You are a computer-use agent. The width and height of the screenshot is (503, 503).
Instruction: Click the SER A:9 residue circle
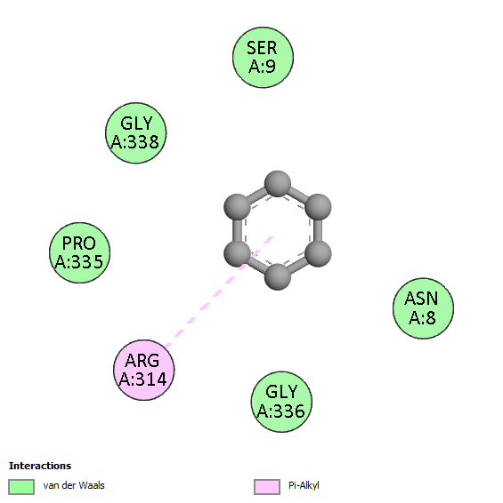click(x=263, y=58)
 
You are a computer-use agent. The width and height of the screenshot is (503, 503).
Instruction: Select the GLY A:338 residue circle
click(x=136, y=133)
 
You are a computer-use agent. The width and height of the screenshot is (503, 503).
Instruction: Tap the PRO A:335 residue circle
click(x=80, y=252)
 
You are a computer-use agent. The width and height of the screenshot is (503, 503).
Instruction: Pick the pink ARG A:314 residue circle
click(x=144, y=370)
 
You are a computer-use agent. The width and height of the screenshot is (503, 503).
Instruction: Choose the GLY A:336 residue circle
click(x=281, y=402)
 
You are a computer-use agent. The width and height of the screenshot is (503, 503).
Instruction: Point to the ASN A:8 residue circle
click(x=423, y=308)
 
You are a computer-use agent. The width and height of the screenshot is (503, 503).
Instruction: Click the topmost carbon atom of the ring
click(x=278, y=184)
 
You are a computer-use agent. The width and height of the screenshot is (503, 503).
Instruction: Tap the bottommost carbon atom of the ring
click(x=278, y=277)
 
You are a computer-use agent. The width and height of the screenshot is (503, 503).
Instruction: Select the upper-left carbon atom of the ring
click(x=237, y=207)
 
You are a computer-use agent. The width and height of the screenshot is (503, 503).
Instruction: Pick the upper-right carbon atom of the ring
click(x=318, y=207)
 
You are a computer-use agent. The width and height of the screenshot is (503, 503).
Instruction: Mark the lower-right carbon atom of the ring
click(x=318, y=253)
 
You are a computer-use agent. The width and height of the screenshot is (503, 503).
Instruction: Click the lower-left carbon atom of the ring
click(x=237, y=253)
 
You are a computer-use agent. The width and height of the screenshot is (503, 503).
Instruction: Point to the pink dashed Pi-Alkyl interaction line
click(x=219, y=291)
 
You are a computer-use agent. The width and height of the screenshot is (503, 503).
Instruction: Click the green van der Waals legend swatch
click(x=21, y=487)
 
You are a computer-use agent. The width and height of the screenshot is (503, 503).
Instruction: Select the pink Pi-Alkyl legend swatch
click(x=267, y=487)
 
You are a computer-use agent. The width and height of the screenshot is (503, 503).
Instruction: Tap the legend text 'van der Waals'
click(x=74, y=485)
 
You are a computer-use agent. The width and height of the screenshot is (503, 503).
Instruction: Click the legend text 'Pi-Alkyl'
click(x=304, y=486)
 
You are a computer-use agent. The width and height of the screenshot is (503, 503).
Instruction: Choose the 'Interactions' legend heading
click(x=40, y=466)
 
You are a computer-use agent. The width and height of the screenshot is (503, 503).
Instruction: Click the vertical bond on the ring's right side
click(x=318, y=230)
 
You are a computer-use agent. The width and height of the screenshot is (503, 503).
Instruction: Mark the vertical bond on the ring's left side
click(x=237, y=230)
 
